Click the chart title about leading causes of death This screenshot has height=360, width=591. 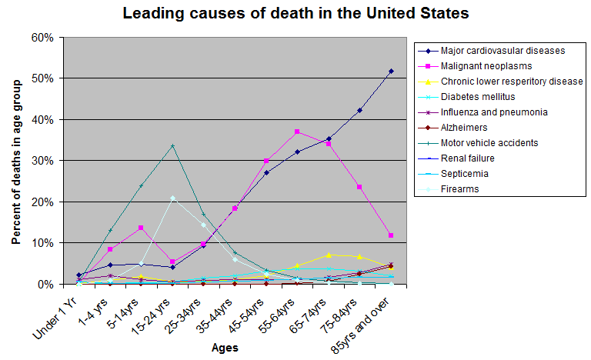point(295,13)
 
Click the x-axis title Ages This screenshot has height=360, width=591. point(225,347)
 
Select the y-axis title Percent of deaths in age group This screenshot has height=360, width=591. point(16,161)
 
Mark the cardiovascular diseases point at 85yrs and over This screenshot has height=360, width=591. point(392,71)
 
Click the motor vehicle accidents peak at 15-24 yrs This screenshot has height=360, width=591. point(173,145)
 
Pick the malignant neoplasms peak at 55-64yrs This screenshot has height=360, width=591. point(297,132)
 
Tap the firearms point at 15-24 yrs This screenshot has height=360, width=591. point(173,198)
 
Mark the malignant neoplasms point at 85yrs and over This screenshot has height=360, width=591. point(392,235)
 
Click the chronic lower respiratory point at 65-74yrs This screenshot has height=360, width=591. point(329,255)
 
